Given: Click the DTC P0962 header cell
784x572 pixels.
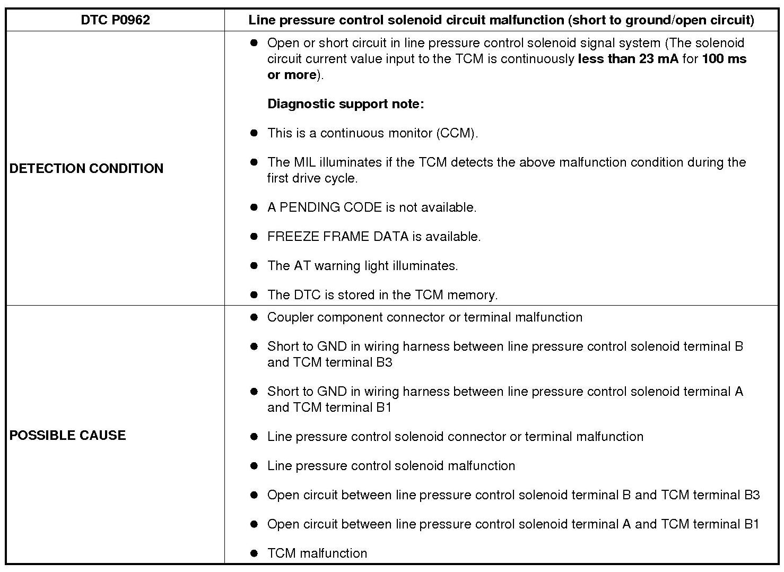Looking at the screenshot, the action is [x=115, y=20].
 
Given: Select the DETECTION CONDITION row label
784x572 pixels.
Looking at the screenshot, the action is [x=86, y=168].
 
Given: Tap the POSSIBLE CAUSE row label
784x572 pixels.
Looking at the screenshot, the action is [x=67, y=435].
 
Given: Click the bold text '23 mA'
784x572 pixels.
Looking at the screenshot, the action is [x=658, y=59].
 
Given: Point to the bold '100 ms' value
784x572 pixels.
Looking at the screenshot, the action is [x=724, y=59].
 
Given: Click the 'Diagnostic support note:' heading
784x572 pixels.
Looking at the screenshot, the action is [x=345, y=104].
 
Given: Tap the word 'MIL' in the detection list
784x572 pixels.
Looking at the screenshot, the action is [x=304, y=162].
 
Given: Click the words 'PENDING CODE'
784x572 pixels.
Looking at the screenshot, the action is [x=330, y=207].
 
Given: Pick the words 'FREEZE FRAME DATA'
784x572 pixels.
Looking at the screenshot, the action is [x=338, y=237].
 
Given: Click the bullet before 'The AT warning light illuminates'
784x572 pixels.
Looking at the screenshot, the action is [x=254, y=266].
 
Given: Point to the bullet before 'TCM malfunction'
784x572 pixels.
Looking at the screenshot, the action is [x=254, y=553].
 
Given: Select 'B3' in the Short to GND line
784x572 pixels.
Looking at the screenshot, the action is [x=384, y=362].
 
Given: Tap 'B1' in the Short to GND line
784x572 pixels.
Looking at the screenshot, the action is [x=384, y=408].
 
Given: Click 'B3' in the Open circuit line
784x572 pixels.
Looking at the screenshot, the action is [x=752, y=495].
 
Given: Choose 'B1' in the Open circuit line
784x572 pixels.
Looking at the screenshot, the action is [x=752, y=524].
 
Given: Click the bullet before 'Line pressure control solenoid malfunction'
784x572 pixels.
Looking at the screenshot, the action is [x=254, y=466].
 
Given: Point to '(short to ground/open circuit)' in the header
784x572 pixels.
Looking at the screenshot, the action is [x=661, y=20].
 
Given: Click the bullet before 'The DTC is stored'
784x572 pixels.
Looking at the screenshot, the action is [x=254, y=295].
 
